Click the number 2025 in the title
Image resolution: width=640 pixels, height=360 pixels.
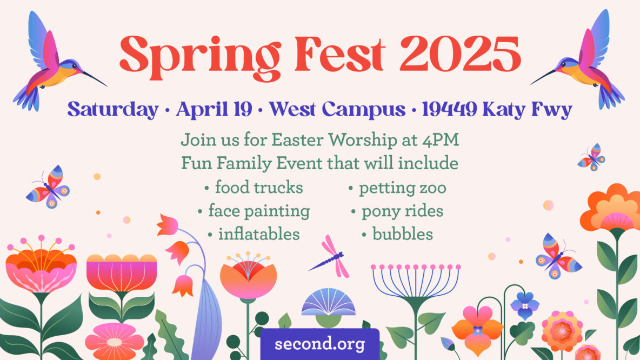coord(460,53)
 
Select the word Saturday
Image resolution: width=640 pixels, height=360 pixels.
coord(113,109)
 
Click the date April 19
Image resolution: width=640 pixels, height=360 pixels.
coord(214,109)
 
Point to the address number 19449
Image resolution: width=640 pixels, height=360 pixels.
coord(449,109)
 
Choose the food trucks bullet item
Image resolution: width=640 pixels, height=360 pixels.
coord(254,188)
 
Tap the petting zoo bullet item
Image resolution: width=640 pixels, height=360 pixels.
coord(397,188)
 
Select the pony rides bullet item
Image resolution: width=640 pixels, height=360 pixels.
coord(397,211)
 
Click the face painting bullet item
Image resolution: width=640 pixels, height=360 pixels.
coord(254,211)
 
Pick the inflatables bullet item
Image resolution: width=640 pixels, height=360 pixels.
coord(254,234)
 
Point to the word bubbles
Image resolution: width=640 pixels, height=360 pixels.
coord(403,234)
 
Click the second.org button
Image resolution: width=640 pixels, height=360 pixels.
coord(320,344)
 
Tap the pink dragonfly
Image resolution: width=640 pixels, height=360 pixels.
coord(332,257)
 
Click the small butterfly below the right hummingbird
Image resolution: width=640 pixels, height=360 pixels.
coord(591,157)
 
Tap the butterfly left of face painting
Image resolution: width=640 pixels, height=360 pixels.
coord(48,187)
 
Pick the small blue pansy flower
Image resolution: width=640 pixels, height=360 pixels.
coord(524,305)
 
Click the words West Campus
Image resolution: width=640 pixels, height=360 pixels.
coord(337,109)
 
